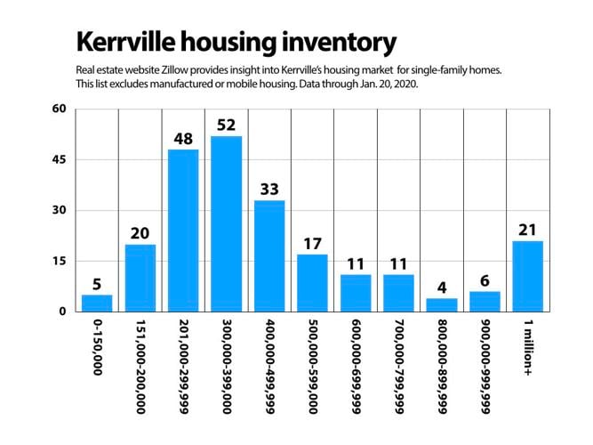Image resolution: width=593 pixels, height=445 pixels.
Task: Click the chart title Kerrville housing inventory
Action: point(235,42)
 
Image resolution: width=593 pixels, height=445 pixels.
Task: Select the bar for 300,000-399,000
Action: point(226,223)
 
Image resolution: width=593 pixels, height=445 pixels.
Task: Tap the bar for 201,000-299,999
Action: point(183,231)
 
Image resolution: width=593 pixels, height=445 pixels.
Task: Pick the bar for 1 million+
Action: point(527,276)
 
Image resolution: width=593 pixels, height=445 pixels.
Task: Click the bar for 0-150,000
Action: point(97,303)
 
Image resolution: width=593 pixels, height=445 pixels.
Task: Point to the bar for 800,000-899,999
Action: point(441,304)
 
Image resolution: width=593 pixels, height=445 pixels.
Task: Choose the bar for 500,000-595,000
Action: point(312,282)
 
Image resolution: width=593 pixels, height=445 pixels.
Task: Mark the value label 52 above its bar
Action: point(226,125)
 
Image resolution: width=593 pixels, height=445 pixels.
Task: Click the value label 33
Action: point(269,190)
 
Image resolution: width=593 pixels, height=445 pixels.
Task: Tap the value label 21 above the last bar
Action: point(527,230)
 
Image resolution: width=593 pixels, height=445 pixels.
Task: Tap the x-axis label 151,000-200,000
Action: point(140,366)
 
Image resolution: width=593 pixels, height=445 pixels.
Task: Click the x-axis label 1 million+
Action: point(527,348)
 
